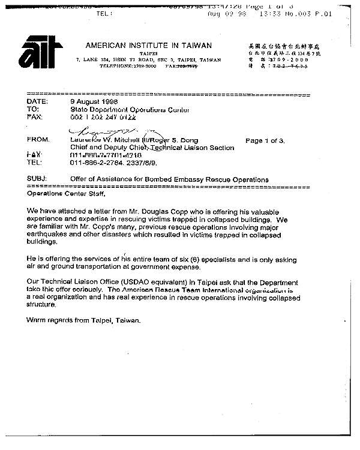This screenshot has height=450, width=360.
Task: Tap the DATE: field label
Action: pos(37,101)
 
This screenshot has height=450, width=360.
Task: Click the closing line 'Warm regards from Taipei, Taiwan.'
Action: pos(83,320)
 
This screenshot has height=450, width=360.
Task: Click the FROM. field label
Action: pos(38,139)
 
